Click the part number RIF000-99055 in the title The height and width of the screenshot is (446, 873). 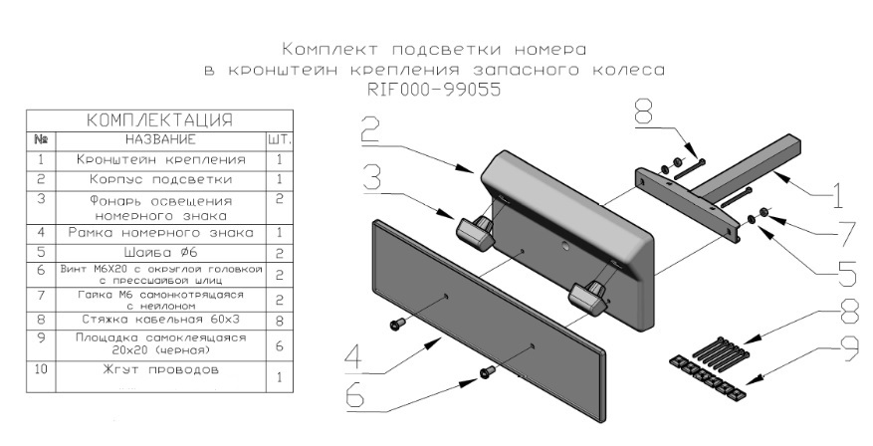433,89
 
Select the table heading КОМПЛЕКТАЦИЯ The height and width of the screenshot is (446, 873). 160,120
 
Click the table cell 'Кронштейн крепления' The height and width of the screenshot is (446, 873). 161,159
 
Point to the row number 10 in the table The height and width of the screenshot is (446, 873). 41,370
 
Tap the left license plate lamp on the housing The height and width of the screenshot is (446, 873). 476,229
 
